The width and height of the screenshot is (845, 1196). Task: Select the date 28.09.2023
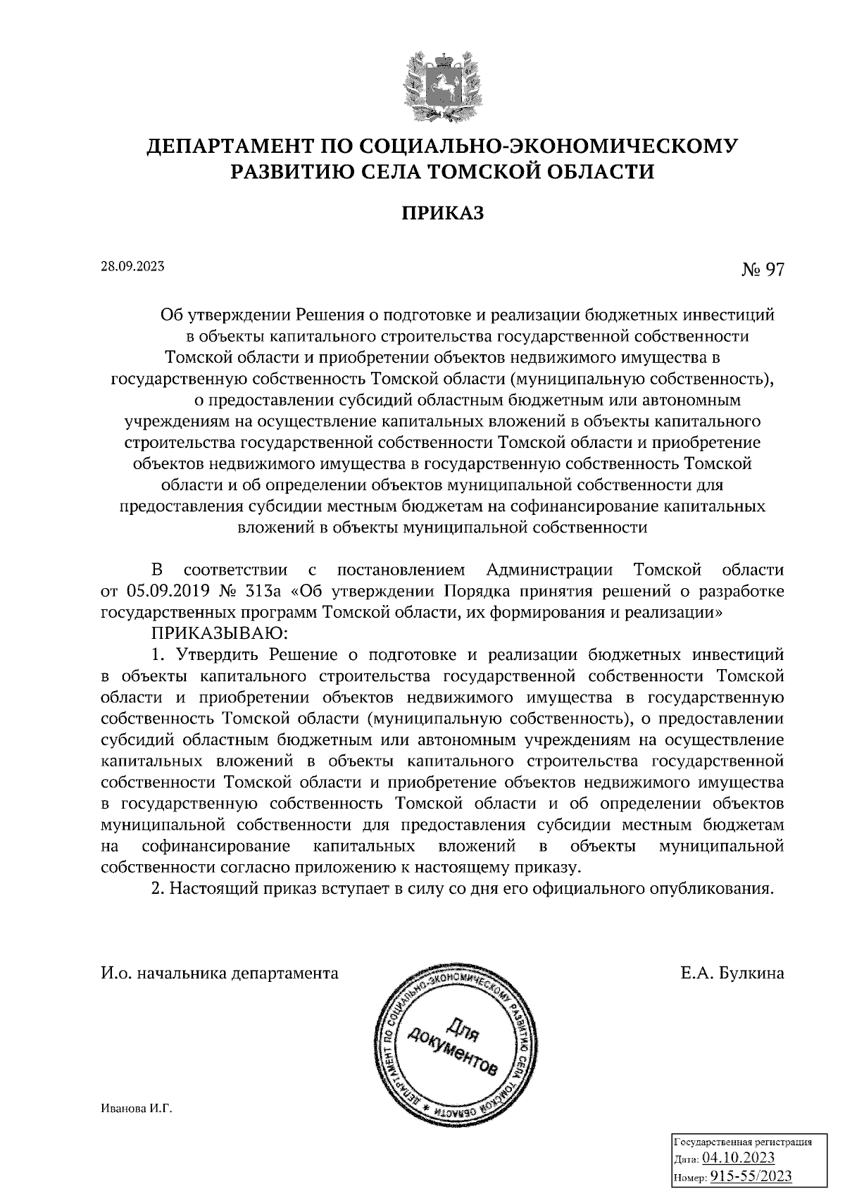pos(133,266)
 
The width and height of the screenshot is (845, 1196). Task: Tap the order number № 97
pos(762,270)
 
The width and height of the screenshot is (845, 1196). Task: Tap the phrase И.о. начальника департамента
pos(220,974)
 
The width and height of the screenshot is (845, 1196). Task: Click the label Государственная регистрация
pos(743,1142)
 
